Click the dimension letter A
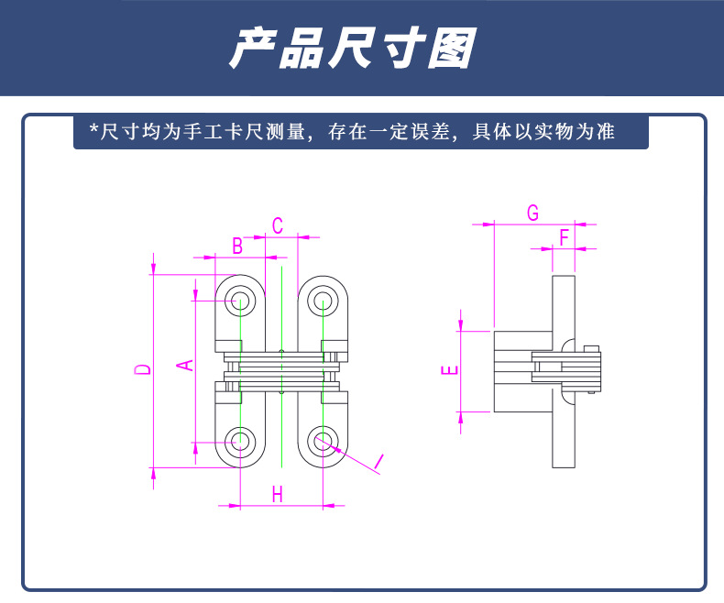[x=184, y=365]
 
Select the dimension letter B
[x=236, y=246]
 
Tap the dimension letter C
[x=278, y=225]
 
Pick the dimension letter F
[x=565, y=236]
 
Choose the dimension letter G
[x=532, y=213]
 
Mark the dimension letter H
[x=278, y=494]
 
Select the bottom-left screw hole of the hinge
[x=240, y=440]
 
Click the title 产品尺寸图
[x=352, y=49]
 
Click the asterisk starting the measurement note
[x=93, y=129]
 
